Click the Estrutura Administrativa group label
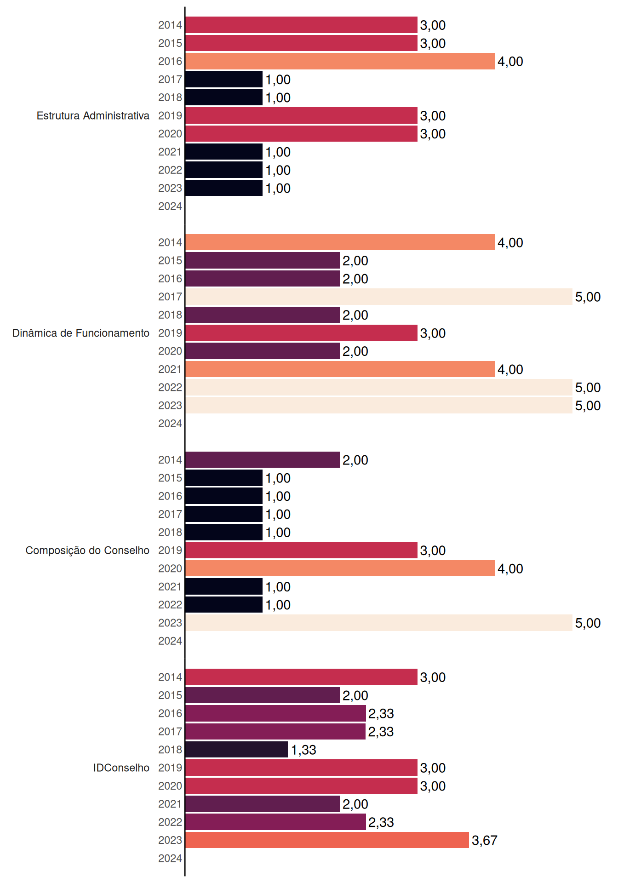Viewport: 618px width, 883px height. tap(93, 115)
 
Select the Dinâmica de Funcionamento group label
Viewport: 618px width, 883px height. tap(81, 333)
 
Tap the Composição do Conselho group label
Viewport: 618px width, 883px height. tap(87, 550)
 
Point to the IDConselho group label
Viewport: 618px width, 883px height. tap(121, 768)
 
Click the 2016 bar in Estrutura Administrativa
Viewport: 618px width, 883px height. tap(340, 61)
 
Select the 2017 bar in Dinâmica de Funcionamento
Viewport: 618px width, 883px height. tap(379, 297)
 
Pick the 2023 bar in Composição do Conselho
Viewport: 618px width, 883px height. tap(379, 623)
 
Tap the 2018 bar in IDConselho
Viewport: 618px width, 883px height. tap(237, 750)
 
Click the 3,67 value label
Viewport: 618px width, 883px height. tap(485, 840)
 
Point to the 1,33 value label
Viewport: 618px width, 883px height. tap(303, 750)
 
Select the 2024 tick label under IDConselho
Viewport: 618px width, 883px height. tap(170, 858)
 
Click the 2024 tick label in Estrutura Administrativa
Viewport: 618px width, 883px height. tap(170, 206)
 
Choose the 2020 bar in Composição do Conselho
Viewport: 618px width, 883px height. tap(340, 568)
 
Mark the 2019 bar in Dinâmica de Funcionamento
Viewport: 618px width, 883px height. tap(302, 333)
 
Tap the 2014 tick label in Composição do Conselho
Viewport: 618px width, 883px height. tap(170, 460)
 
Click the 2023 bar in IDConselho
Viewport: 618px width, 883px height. tap(327, 840)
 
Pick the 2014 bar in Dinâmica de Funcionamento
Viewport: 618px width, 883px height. tap(340, 242)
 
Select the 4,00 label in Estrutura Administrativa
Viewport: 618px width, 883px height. tap(510, 61)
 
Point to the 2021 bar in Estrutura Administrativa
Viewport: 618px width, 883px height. tap(224, 152)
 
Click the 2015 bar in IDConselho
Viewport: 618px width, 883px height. tap(263, 695)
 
